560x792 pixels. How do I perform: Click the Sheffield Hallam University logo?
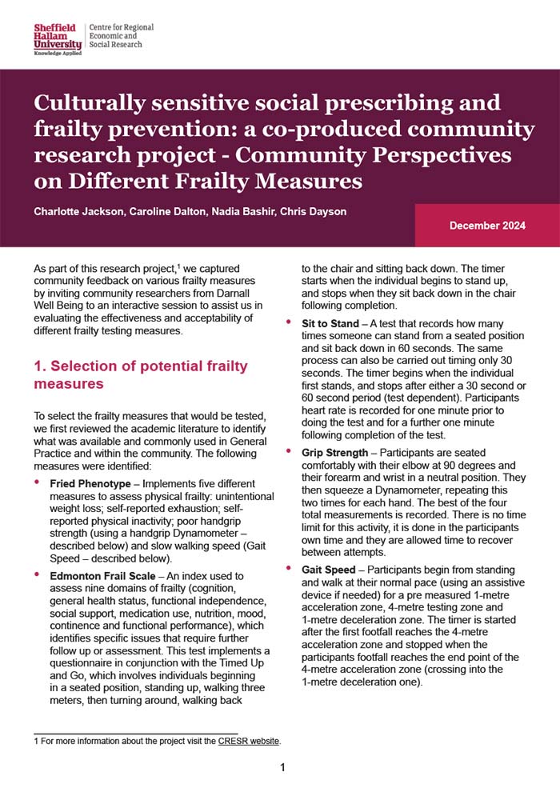tap(58, 37)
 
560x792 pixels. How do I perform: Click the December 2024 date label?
tap(487, 226)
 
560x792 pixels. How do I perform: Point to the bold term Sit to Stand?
tap(330, 324)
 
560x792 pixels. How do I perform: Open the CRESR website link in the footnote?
tap(249, 742)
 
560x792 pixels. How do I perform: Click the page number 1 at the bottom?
tap(282, 768)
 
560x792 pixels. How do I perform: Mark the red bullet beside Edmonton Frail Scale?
tap(37, 576)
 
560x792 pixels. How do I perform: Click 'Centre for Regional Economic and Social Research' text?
tap(121, 36)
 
